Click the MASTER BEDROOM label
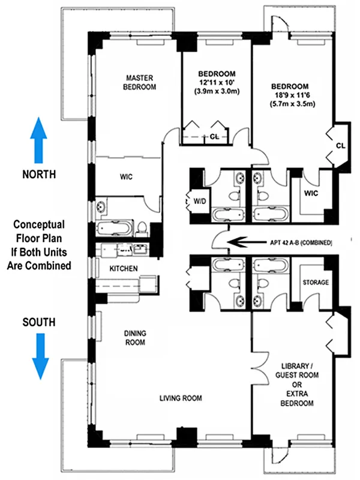point(140,82)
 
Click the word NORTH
point(39,175)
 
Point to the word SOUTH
point(39,322)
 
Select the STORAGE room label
point(314,282)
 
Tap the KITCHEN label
point(124,268)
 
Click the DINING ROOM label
point(136,338)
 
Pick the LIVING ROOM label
point(181,398)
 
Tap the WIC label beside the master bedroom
point(125,177)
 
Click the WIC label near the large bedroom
point(310,193)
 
